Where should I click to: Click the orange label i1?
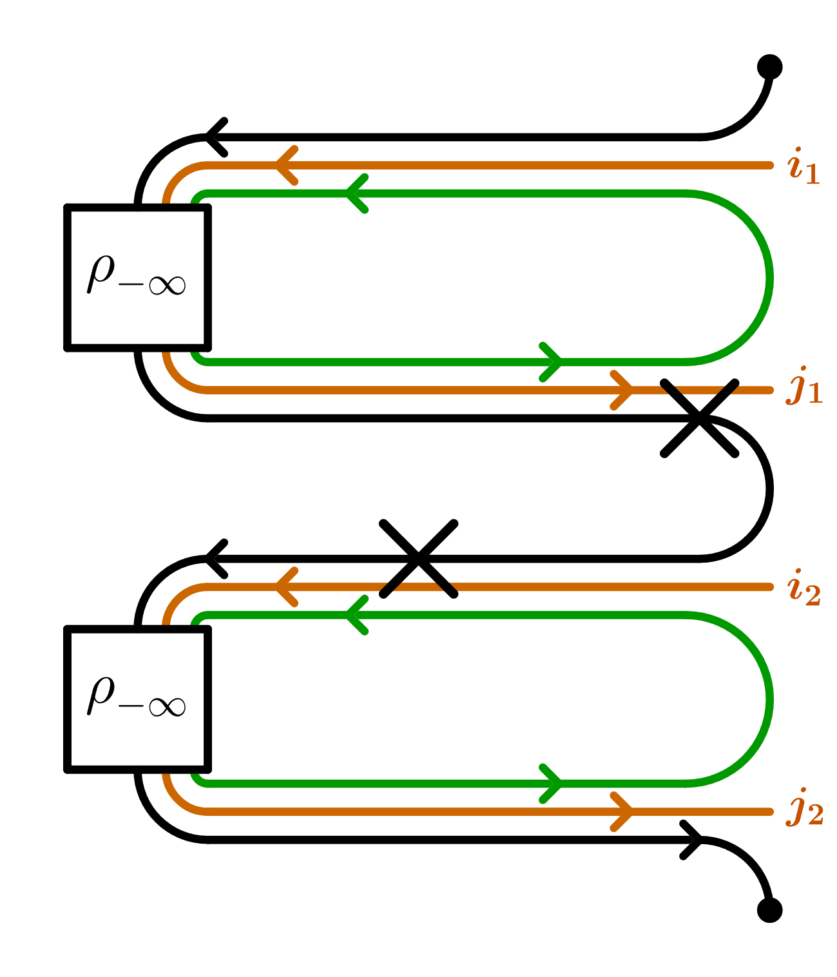803,166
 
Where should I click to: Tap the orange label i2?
803,588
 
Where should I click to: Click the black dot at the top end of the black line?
769,67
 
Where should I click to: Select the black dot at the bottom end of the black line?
769,910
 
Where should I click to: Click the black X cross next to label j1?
699,418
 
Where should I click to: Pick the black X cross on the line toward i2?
418,558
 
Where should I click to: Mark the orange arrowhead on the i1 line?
285,166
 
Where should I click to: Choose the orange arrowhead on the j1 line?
622,390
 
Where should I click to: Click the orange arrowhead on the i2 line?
285,587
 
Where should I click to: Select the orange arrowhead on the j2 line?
622,811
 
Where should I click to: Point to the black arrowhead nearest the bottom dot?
692,840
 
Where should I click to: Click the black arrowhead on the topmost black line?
216,137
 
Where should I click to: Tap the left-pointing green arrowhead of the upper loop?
356,193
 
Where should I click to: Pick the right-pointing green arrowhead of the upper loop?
552,362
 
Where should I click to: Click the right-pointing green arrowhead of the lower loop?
552,783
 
